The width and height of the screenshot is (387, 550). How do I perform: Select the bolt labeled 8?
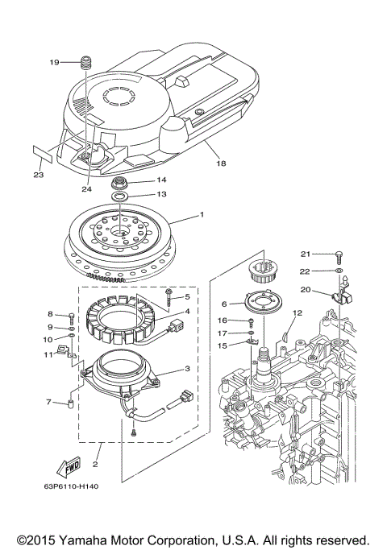(x=72, y=315)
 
